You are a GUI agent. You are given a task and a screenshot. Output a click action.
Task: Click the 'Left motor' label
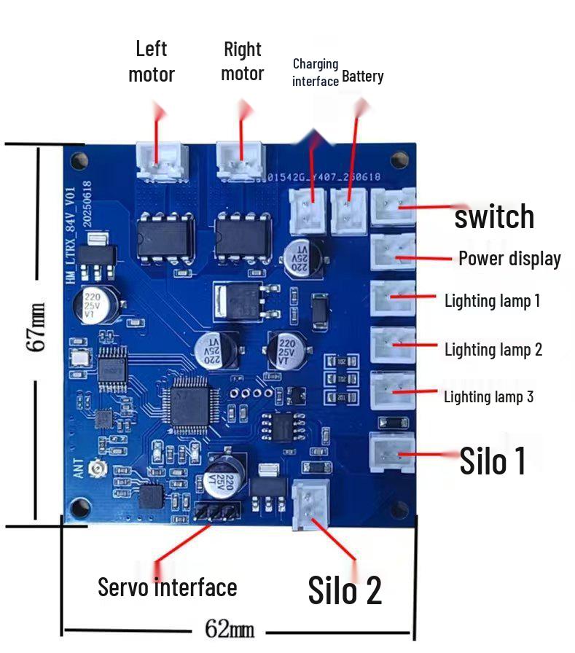[152, 61]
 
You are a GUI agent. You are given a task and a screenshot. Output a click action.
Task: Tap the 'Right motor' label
[242, 61]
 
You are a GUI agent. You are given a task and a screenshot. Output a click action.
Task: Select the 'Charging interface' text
[316, 72]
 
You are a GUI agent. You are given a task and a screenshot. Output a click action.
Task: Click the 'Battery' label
[362, 77]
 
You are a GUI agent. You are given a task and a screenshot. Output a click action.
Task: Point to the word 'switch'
[494, 216]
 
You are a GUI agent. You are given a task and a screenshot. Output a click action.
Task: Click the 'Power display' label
[509, 259]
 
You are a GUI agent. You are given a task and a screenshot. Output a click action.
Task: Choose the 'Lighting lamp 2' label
[493, 350]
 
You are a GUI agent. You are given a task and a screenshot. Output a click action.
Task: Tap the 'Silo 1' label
[493, 461]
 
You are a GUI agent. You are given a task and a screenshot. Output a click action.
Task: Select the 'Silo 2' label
[345, 590]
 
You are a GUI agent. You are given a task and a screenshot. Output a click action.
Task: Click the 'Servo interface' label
[168, 587]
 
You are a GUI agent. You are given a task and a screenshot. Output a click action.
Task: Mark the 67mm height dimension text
[38, 327]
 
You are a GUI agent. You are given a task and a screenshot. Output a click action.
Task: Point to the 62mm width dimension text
[230, 628]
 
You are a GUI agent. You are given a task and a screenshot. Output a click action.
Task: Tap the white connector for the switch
[394, 207]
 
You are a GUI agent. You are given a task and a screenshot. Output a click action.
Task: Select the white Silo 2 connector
[310, 506]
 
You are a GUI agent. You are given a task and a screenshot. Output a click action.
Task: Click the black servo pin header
[216, 512]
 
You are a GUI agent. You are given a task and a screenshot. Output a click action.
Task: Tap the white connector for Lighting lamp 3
[394, 392]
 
